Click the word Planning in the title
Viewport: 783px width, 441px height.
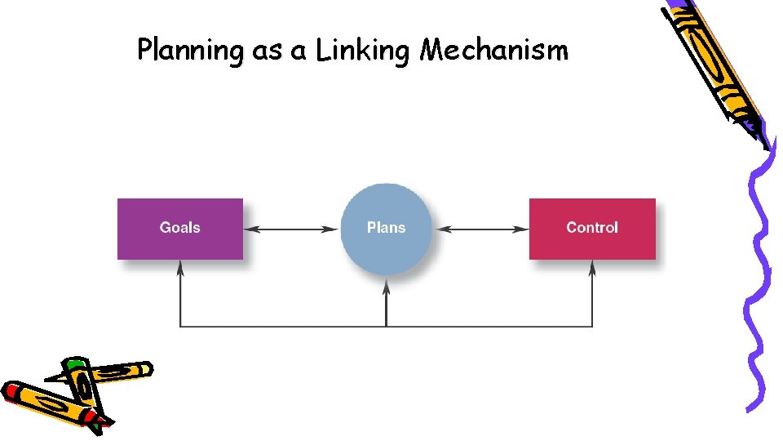tap(190, 51)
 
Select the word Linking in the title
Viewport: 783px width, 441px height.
tap(362, 51)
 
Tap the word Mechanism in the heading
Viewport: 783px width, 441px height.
tap(493, 51)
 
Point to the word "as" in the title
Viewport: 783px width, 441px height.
tap(267, 52)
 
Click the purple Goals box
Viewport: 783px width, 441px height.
tap(180, 229)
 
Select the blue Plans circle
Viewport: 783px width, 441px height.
tap(386, 229)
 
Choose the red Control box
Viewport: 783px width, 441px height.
tap(592, 229)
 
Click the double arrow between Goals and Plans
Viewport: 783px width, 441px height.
tap(291, 229)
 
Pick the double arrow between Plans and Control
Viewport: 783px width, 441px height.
tap(480, 229)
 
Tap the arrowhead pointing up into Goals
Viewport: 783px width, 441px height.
tap(180, 267)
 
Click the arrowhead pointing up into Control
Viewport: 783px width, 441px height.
tap(592, 267)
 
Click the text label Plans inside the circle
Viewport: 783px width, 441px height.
tap(386, 228)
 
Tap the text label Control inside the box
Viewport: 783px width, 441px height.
tap(592, 228)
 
